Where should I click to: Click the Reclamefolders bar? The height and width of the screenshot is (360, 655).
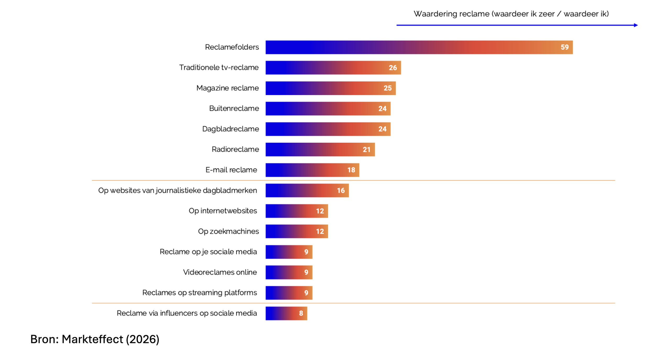click(419, 47)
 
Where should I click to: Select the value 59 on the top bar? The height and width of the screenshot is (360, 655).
click(564, 47)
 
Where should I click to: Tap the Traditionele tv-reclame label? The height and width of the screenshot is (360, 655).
click(219, 67)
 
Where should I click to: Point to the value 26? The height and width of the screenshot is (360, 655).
click(392, 68)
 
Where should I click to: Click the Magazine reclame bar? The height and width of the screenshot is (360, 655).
click(330, 88)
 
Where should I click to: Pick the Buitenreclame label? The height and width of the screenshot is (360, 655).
click(234, 108)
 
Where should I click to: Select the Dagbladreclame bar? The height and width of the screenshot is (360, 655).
click(328, 129)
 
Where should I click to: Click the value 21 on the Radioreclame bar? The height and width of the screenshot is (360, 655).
click(366, 150)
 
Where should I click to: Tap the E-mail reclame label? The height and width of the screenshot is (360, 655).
click(231, 170)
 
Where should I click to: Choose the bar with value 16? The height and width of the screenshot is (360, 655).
click(307, 190)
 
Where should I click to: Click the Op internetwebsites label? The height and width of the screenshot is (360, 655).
click(223, 211)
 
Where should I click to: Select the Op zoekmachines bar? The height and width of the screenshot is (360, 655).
click(297, 231)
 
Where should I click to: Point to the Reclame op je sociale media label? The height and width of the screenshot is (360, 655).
click(208, 252)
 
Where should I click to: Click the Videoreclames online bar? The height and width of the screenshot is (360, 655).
click(289, 272)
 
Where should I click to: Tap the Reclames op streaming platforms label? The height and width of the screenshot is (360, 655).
click(200, 293)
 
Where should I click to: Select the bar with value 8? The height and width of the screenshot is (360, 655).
click(286, 313)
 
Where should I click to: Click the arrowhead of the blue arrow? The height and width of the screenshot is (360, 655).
click(636, 25)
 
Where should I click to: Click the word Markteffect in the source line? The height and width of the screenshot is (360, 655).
click(92, 339)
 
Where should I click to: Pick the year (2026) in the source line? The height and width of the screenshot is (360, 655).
click(143, 340)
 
